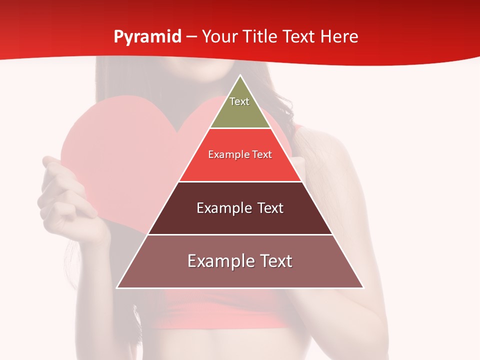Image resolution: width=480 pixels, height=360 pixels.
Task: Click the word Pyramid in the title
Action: [147, 37]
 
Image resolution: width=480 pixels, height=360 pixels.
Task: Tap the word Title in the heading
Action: [261, 36]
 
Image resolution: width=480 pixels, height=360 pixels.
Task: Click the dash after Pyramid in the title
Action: [191, 37]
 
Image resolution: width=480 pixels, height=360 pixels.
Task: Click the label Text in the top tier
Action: [239, 101]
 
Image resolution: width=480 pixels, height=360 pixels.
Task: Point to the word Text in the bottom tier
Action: [272, 261]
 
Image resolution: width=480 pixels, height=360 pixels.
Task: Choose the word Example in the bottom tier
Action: [218, 261]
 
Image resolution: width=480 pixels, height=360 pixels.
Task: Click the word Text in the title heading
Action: [299, 36]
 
